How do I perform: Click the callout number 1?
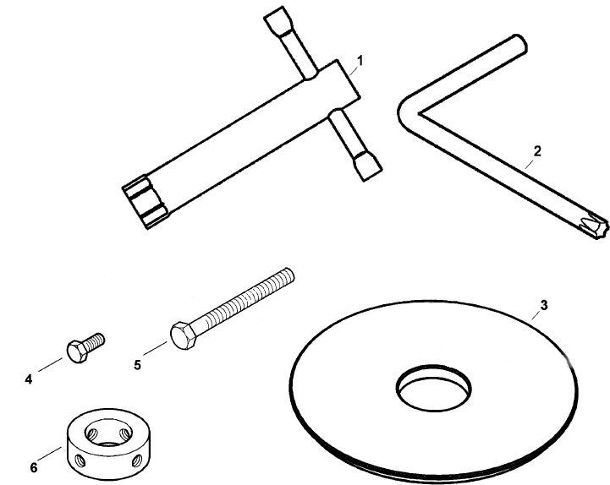[360, 61]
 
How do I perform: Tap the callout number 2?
[537, 151]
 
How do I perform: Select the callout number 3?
[544, 306]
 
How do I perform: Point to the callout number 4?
[29, 379]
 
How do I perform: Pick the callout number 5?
[137, 365]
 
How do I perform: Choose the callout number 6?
[34, 467]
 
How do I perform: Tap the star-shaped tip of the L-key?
[594, 225]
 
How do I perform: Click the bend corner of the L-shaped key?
[406, 112]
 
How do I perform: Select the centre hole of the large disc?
[433, 388]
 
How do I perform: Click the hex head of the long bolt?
[184, 335]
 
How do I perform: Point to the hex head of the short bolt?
[78, 351]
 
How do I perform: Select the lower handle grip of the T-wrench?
[367, 166]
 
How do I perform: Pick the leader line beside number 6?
[51, 455]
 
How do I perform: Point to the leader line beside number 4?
[50, 364]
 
